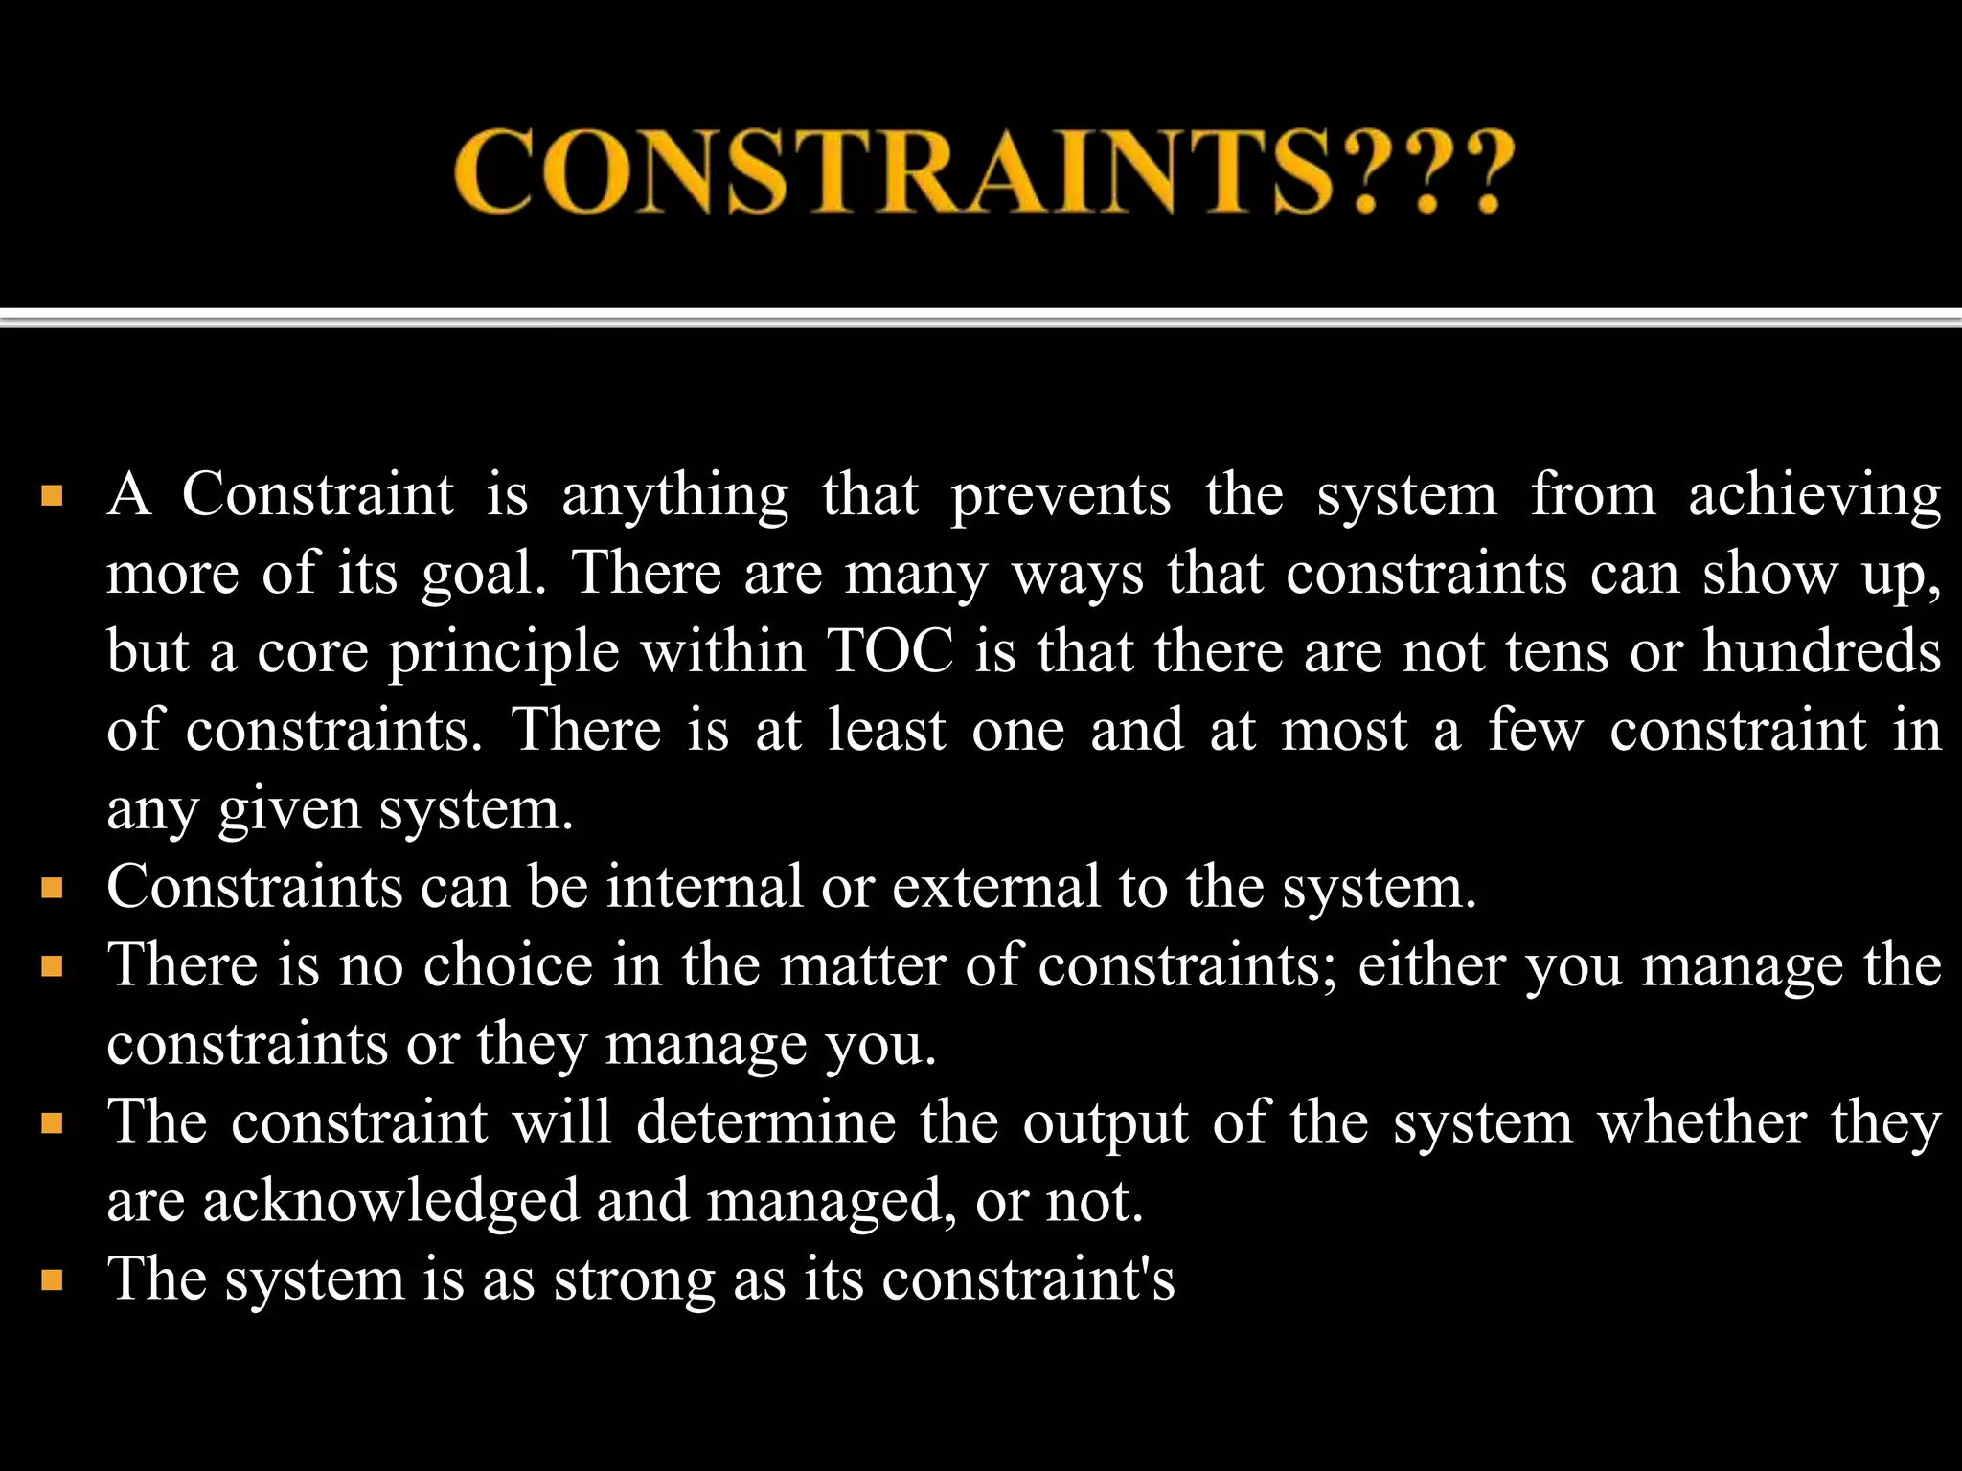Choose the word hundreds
[1821, 652]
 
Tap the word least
[886, 731]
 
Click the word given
[289, 810]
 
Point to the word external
[996, 886]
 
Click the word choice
[508, 964]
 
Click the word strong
[634, 1280]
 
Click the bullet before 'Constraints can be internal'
[52, 888]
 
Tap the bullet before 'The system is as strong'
[52, 1280]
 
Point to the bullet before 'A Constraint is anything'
[52, 497]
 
